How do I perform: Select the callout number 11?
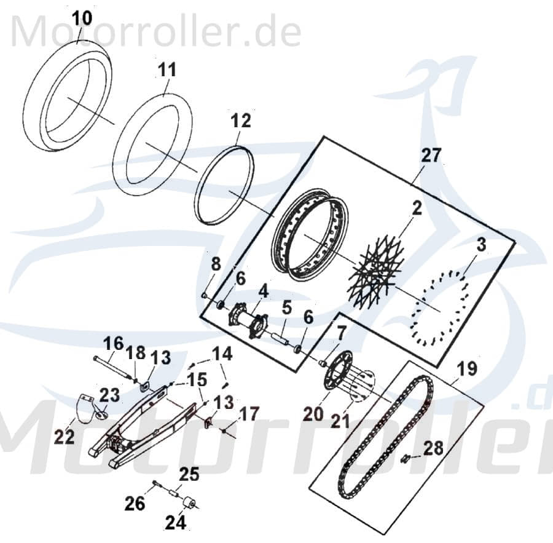(166, 69)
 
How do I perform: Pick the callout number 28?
(433, 449)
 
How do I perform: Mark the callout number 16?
(113, 343)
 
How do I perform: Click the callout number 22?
(65, 437)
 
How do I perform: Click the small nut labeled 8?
(203, 295)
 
